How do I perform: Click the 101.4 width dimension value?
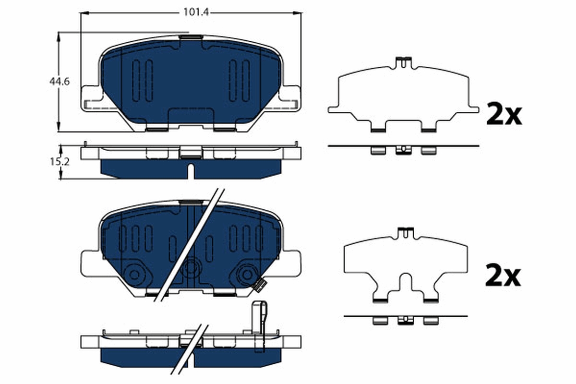pyautogui.click(x=191, y=13)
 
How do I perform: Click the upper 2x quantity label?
pyautogui.click(x=504, y=114)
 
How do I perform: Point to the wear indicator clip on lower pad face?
pyautogui.click(x=259, y=286)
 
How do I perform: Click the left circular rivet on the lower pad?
pyautogui.click(x=135, y=274)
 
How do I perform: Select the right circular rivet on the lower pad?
pyautogui.click(x=247, y=274)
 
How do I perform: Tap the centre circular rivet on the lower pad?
pyautogui.click(x=191, y=267)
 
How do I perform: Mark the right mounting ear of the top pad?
pyautogui.click(x=290, y=98)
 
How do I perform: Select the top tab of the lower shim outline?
pyautogui.click(x=406, y=232)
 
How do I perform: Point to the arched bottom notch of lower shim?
pyautogui.click(x=406, y=283)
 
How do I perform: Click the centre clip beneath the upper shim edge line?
pyautogui.click(x=403, y=151)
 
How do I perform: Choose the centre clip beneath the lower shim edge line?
pyautogui.click(x=406, y=321)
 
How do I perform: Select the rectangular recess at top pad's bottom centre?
pyautogui.click(x=191, y=118)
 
